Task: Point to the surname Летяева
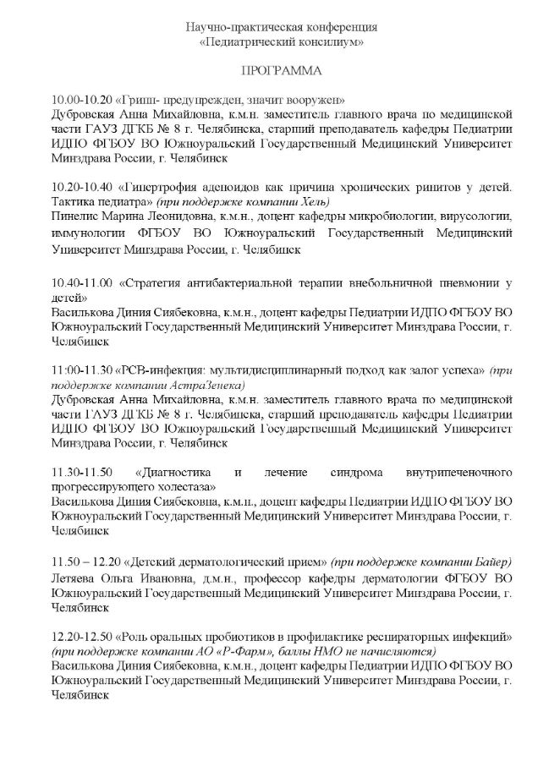(x=74, y=579)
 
